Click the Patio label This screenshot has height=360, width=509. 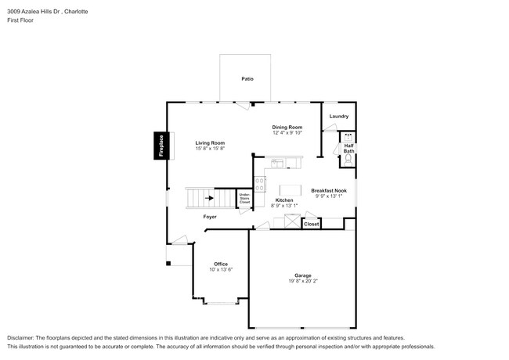(x=247, y=79)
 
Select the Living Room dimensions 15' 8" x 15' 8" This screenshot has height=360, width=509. (x=210, y=149)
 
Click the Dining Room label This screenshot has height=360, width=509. (x=287, y=127)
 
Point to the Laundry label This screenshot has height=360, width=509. (x=338, y=117)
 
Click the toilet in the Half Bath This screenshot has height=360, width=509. (x=348, y=160)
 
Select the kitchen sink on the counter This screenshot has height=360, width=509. (x=277, y=164)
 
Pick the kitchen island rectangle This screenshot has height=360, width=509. (x=291, y=189)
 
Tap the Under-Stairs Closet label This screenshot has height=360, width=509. (x=244, y=199)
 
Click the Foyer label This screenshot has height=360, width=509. (x=210, y=217)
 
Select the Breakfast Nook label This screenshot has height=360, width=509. (x=329, y=191)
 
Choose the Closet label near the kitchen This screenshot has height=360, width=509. (x=312, y=224)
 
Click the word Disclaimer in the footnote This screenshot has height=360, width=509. (x=23, y=337)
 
